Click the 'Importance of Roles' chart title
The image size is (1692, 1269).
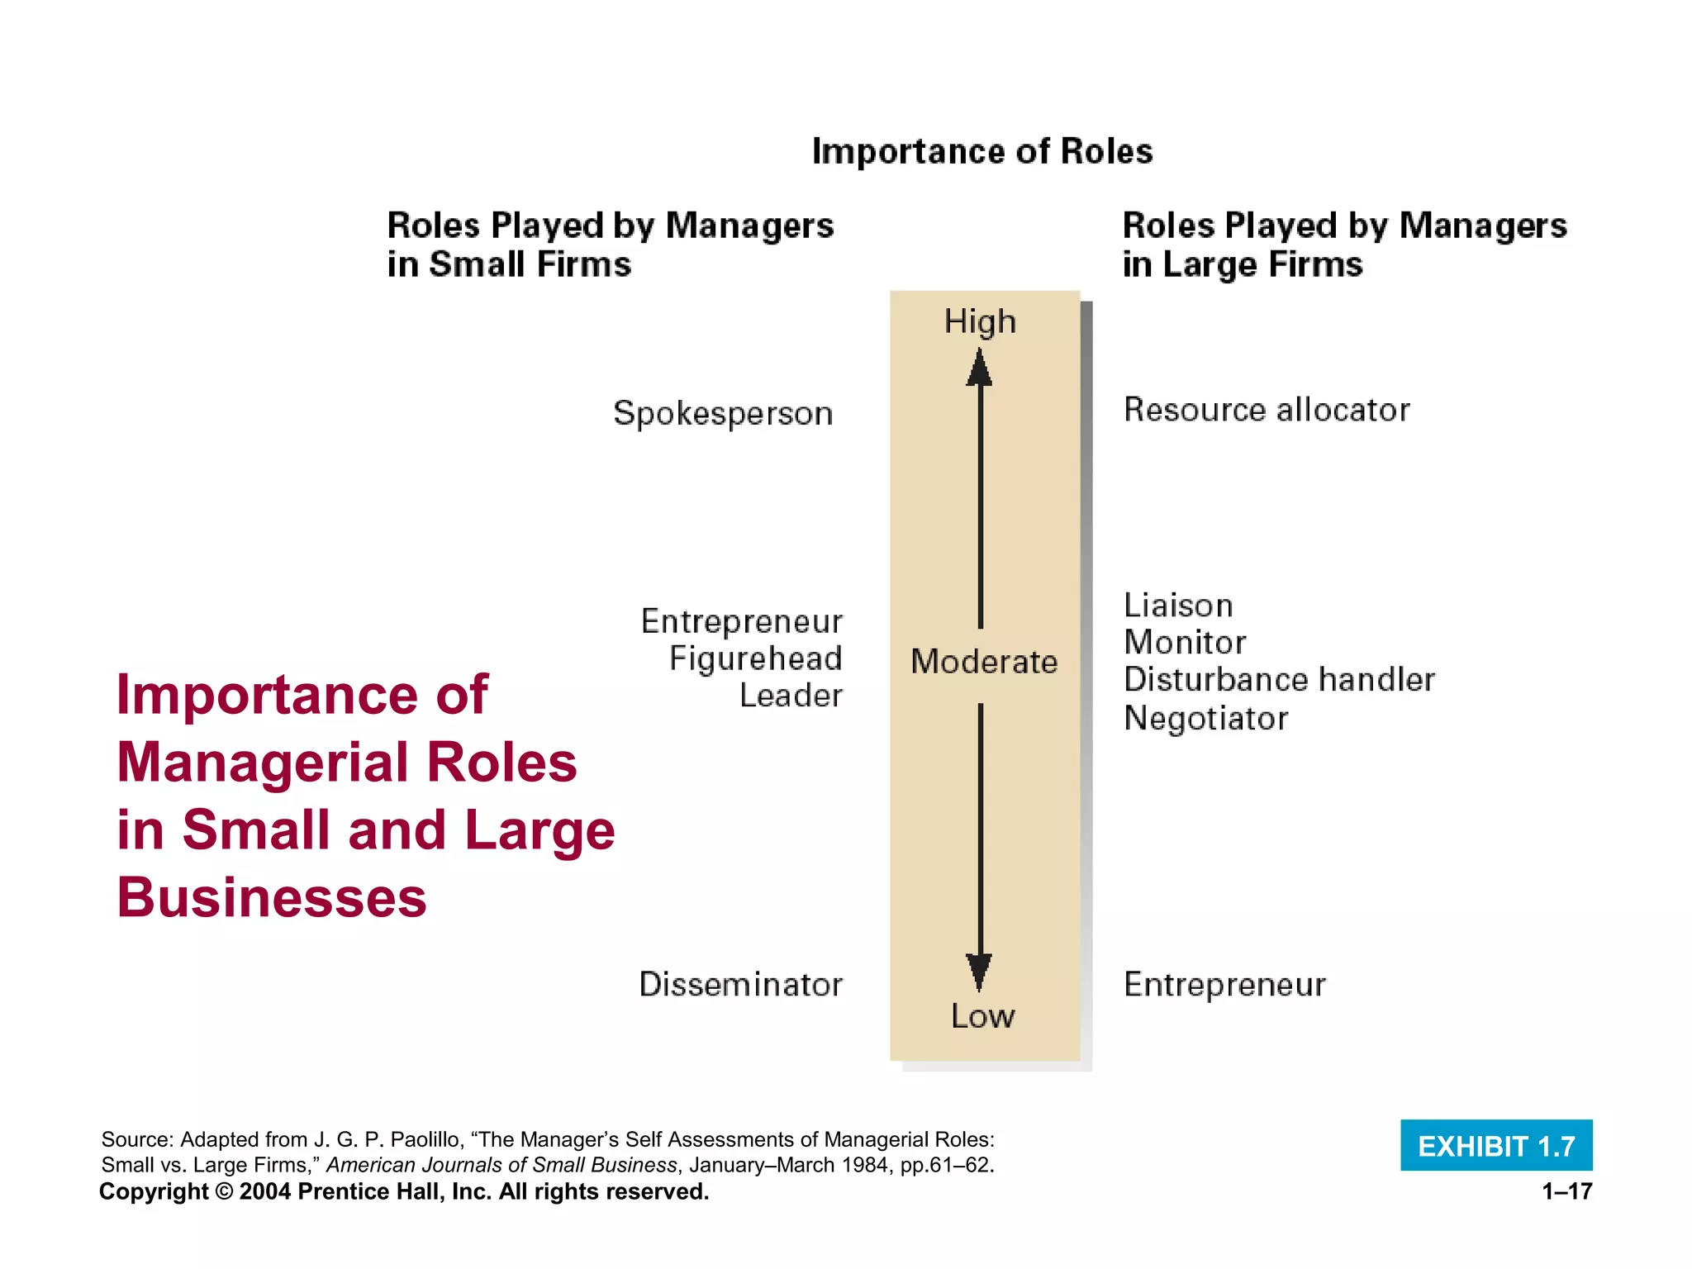pos(981,151)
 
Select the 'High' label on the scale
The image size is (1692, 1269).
pos(980,321)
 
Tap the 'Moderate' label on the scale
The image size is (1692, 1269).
pos(984,662)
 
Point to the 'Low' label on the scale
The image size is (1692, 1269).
pos(982,1016)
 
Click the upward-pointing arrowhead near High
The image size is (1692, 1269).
pos(980,368)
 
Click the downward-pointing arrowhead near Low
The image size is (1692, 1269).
pos(980,971)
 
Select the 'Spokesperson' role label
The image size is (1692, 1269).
pos(723,413)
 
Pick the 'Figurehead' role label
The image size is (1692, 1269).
pos(755,658)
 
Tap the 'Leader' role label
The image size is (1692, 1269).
pos(791,696)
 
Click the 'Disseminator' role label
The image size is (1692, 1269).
pos(740,984)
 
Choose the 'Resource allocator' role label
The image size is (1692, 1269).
pos(1267,410)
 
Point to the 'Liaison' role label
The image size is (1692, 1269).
pos(1178,606)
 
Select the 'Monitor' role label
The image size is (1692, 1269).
pos(1185,642)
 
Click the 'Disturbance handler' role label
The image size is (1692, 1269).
pos(1279,679)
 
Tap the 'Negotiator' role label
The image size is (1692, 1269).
pos(1205,718)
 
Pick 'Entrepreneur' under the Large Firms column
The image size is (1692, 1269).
pos(1224,984)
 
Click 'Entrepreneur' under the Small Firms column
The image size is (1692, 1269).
pos(741,621)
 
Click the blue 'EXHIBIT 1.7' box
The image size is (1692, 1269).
pos(1496,1146)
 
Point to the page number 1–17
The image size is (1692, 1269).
pos(1566,1191)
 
